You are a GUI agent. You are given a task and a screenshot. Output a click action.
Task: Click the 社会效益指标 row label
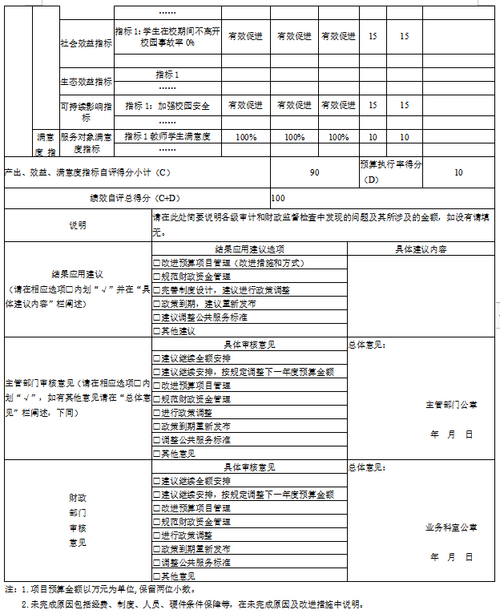(x=87, y=42)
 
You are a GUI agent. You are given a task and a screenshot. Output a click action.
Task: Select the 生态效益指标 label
(x=87, y=81)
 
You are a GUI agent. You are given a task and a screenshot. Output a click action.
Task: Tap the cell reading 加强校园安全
(x=167, y=105)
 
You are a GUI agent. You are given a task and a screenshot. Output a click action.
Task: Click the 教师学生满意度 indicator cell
(x=167, y=137)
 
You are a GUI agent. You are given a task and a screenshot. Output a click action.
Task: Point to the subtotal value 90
(x=314, y=172)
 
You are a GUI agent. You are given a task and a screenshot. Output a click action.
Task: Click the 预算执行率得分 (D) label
(x=391, y=172)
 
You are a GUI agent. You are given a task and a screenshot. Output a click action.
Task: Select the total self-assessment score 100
(x=278, y=197)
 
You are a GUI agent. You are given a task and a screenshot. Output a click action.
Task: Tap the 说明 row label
(x=78, y=225)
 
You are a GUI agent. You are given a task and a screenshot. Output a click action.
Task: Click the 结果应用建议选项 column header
(x=249, y=248)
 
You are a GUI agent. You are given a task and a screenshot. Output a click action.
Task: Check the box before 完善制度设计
(x=157, y=290)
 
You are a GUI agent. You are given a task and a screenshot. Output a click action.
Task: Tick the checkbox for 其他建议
(x=157, y=331)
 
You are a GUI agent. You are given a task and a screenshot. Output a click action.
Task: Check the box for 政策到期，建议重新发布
(x=157, y=304)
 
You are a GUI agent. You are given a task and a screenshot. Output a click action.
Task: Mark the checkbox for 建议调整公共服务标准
(x=157, y=317)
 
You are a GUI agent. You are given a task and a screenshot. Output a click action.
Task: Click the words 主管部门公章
(x=451, y=405)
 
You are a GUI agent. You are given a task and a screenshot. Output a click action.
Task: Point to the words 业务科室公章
(x=451, y=527)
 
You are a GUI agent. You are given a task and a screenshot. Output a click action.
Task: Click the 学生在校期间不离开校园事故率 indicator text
(x=167, y=36)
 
